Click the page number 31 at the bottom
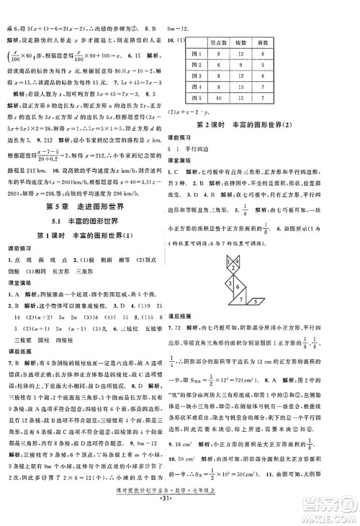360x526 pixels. (180, 517)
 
